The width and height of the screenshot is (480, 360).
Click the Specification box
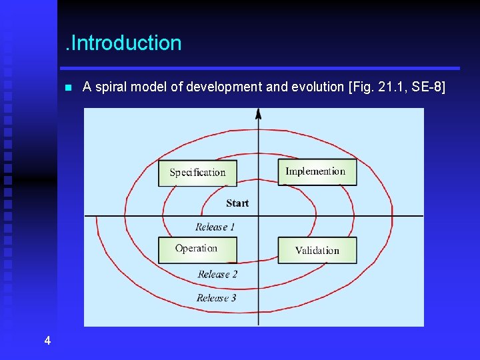(197, 173)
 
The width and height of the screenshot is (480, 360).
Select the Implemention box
(317, 171)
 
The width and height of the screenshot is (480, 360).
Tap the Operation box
(197, 249)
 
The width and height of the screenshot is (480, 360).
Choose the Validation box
(317, 251)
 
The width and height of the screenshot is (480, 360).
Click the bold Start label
(237, 203)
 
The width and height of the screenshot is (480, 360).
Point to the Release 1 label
(215, 227)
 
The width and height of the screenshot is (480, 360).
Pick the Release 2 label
(217, 274)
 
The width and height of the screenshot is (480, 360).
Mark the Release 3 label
(217, 298)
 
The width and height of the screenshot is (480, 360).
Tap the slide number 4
(47, 341)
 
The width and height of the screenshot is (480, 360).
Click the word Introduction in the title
(125, 43)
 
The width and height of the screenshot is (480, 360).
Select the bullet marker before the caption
(67, 87)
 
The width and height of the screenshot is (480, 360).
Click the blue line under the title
(260, 68)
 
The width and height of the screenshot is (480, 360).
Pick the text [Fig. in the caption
(358, 87)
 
